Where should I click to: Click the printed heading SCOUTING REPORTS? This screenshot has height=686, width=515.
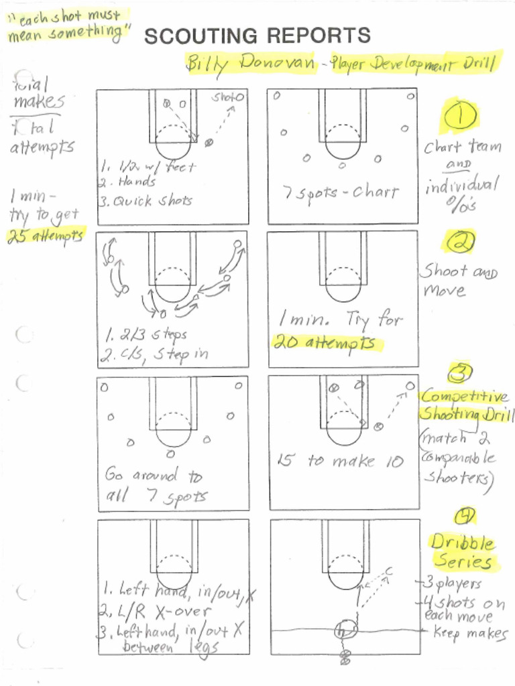pyautogui.click(x=257, y=36)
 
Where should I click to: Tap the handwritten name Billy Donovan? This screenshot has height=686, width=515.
pyautogui.click(x=250, y=64)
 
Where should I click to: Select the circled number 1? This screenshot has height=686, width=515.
pyautogui.click(x=459, y=117)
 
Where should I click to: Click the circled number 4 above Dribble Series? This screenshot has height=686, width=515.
pyautogui.click(x=465, y=515)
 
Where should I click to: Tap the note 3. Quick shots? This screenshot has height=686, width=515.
pyautogui.click(x=146, y=200)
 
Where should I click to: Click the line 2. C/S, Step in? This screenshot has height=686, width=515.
pyautogui.click(x=155, y=354)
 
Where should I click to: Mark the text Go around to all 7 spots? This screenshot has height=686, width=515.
pyautogui.click(x=156, y=486)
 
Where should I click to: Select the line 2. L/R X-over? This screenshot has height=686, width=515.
pyautogui.click(x=155, y=611)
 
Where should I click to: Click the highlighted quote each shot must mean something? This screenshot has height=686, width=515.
pyautogui.click(x=67, y=25)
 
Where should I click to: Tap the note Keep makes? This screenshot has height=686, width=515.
pyautogui.click(x=469, y=632)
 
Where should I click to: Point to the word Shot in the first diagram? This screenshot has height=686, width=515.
pyautogui.click(x=224, y=97)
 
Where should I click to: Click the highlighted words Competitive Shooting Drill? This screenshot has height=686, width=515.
pyautogui.click(x=465, y=405)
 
